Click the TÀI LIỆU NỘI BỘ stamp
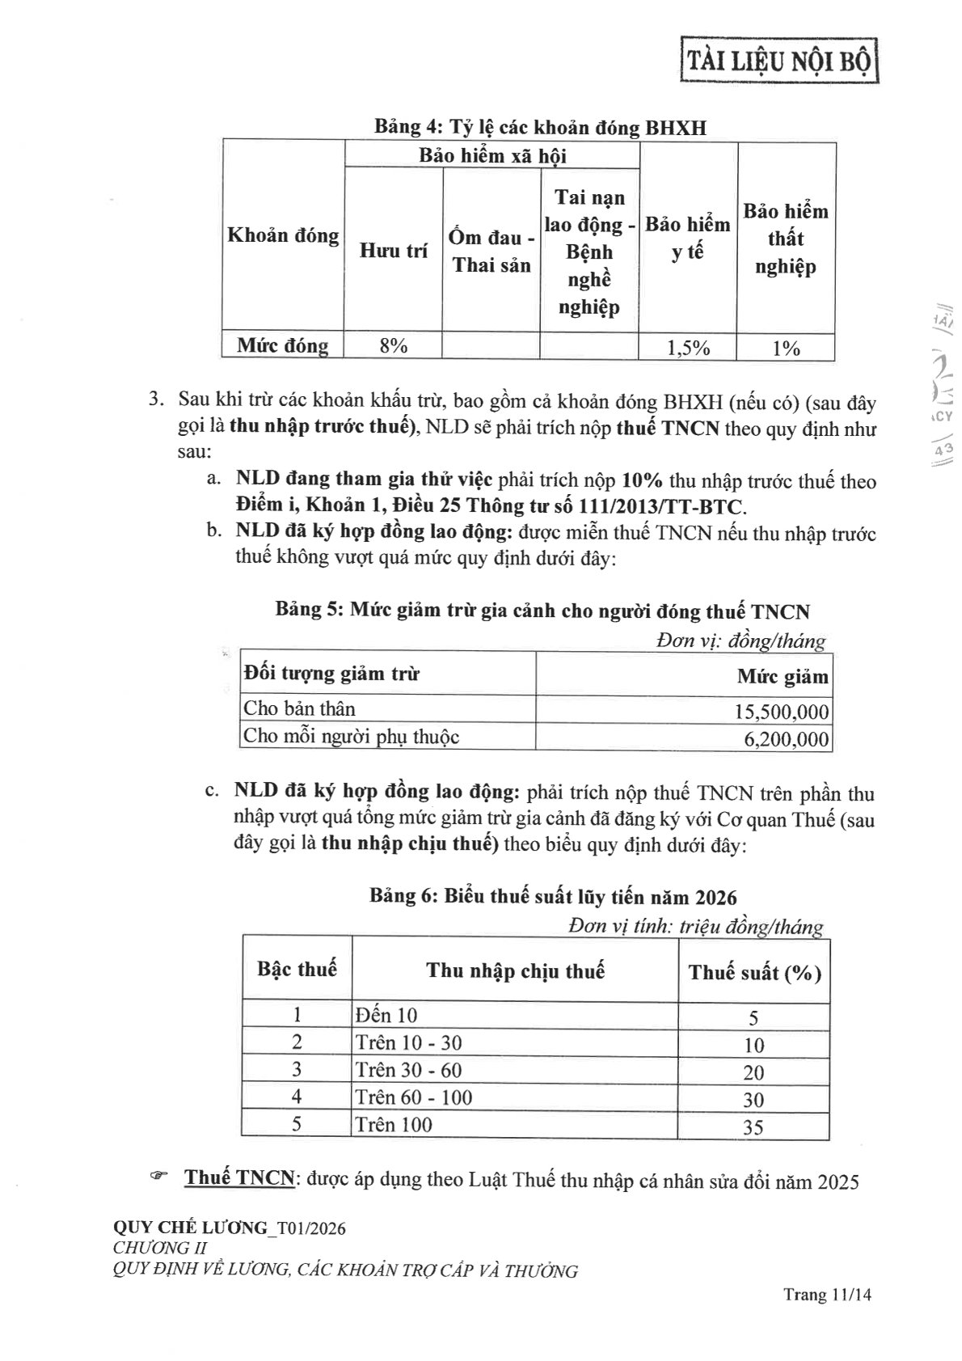click(779, 61)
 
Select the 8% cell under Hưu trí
click(393, 346)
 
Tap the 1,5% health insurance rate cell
click(688, 348)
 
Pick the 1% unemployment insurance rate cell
click(786, 348)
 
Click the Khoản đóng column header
click(283, 235)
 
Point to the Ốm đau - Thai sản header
click(491, 251)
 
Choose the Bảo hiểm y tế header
click(688, 238)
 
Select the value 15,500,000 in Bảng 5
click(781, 712)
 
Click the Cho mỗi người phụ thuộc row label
click(351, 737)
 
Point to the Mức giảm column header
click(782, 676)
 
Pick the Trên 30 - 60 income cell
click(408, 1070)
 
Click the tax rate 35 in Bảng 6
click(753, 1126)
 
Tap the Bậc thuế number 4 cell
click(297, 1097)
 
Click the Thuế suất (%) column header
click(754, 972)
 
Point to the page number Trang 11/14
click(827, 1295)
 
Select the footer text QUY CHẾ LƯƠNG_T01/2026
click(230, 1228)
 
